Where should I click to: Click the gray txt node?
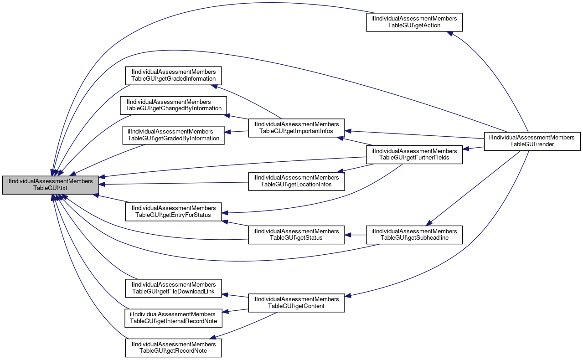[50, 185]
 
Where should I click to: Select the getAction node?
[414, 22]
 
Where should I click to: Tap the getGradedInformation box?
[173, 76]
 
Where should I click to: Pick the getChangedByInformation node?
[173, 105]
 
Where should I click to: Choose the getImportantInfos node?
[296, 128]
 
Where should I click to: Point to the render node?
[531, 141]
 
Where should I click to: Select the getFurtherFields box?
[414, 154]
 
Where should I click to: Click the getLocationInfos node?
[296, 181]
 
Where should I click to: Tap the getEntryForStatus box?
[173, 211]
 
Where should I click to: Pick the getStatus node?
[296, 234]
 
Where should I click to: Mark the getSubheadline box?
[414, 235]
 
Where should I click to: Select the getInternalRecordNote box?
[173, 318]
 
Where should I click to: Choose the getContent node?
[296, 303]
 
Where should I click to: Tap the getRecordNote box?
[173, 347]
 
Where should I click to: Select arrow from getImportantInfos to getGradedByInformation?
[237, 132]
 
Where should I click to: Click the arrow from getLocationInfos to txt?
[173, 183]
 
